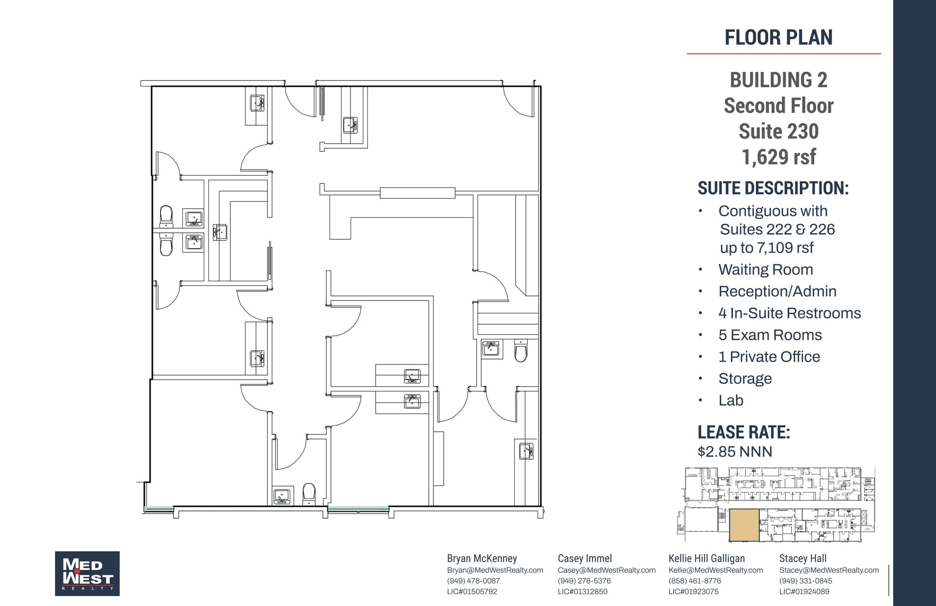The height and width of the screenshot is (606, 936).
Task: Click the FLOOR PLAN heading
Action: tap(778, 38)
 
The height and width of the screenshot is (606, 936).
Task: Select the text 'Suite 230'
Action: tap(778, 131)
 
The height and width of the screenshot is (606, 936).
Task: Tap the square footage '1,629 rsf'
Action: tap(778, 157)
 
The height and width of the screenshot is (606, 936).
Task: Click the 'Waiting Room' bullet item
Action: tap(766, 269)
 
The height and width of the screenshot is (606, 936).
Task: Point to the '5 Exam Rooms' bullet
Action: tap(770, 335)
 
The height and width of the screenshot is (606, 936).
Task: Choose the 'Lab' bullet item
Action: tap(730, 400)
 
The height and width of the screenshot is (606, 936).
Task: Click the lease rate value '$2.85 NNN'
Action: tap(734, 451)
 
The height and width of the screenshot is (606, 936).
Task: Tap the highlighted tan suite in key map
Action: tap(744, 526)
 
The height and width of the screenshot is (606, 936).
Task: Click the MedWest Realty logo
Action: tap(87, 573)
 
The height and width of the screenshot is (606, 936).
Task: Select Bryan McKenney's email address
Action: tap(495, 570)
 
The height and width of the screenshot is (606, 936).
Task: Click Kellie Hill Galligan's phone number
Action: tap(694, 581)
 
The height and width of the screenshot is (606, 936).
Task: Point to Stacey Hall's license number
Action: tap(804, 591)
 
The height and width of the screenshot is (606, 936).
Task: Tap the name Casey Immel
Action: tap(585, 558)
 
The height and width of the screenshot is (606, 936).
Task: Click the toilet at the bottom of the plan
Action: tap(309, 494)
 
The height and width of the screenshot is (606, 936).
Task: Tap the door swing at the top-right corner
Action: tap(519, 102)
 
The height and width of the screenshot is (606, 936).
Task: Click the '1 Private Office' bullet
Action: tap(769, 357)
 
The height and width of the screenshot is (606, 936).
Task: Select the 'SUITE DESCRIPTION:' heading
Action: tap(773, 188)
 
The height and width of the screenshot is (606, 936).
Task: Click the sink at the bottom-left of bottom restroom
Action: tap(282, 496)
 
